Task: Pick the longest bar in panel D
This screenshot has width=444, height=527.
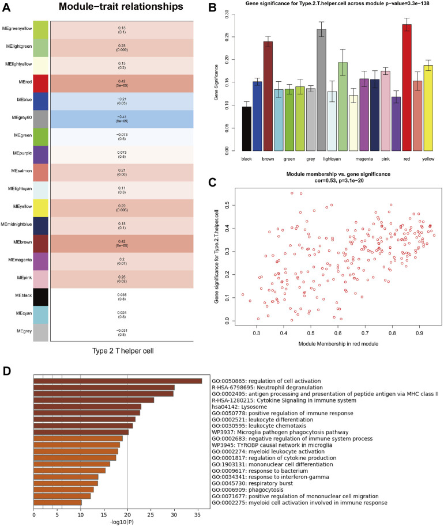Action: [x=118, y=381]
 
